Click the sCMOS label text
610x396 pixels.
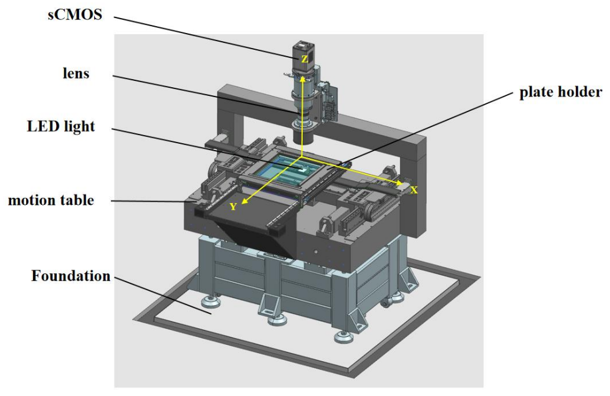75,15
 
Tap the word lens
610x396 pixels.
76,73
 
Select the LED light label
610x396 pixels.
61,126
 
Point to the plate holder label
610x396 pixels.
561,92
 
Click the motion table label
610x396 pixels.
51,200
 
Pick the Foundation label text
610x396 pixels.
71,276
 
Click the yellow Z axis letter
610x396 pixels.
305,59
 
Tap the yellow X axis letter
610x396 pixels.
414,190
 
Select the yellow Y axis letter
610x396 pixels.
234,206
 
